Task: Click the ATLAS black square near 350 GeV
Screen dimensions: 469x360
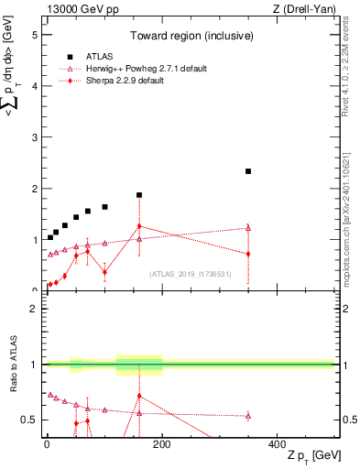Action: click(248, 171)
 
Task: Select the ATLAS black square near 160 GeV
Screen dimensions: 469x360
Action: click(139, 195)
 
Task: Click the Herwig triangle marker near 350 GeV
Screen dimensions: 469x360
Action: click(248, 228)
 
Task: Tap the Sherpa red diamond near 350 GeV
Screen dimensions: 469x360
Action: click(248, 254)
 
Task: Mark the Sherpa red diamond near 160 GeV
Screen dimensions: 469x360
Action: click(139, 225)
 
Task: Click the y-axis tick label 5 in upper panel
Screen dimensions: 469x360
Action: click(35, 36)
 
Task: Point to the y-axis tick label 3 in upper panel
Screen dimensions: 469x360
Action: click(35, 137)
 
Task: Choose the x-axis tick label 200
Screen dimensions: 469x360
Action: click(162, 445)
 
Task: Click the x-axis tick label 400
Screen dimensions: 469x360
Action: click(277, 445)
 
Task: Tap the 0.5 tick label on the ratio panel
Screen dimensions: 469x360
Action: click(30, 420)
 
